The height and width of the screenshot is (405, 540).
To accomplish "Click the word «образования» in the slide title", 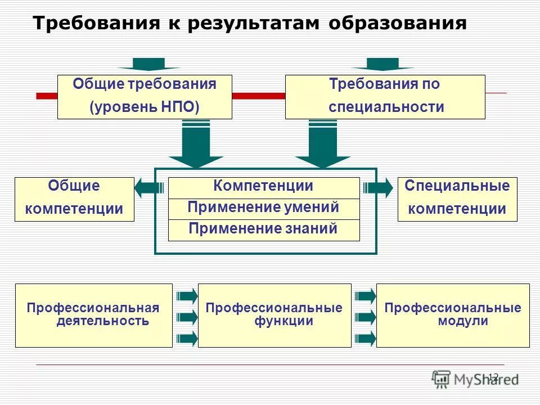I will tap(398, 23).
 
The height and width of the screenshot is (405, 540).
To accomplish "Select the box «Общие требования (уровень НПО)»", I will tap(145, 97).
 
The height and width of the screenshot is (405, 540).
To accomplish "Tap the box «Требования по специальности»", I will tap(385, 97).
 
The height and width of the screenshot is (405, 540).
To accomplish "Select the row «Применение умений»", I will tap(263, 208).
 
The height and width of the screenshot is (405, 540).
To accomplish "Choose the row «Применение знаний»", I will tap(263, 229).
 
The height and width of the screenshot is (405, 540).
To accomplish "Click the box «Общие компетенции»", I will tap(74, 199).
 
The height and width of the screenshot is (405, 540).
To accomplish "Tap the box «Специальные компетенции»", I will tap(457, 199).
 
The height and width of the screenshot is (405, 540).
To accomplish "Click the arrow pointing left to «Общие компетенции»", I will tap(148, 188).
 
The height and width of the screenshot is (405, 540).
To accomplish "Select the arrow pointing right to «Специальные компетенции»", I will tap(379, 188).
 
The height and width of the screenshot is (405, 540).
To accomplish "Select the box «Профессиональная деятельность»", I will tap(93, 315).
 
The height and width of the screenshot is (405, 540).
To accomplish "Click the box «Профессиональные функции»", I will tap(274, 315).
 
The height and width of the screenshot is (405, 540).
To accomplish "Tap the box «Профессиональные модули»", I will tap(453, 315).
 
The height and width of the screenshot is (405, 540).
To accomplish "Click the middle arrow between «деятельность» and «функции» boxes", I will tap(187, 317).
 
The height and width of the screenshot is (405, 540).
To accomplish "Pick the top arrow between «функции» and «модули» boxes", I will tap(366, 295).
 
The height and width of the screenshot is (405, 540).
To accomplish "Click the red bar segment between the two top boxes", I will tap(259, 96).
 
